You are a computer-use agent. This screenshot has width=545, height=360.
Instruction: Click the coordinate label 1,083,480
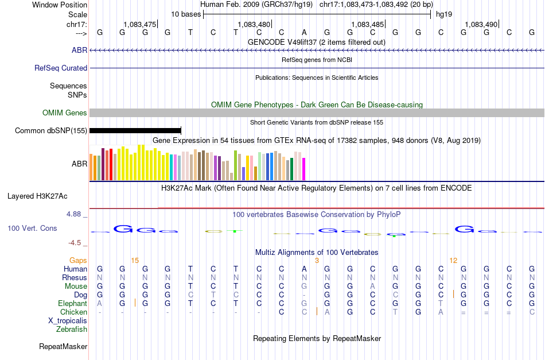[x=254, y=24]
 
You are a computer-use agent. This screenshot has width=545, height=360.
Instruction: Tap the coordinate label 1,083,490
[x=481, y=24]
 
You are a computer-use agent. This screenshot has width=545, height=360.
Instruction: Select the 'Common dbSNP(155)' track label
[x=51, y=131]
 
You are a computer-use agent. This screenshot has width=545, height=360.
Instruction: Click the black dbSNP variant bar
[x=135, y=131]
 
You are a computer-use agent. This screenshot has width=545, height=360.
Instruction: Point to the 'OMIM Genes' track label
[x=65, y=113]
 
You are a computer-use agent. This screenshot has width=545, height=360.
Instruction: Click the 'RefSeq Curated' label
[x=61, y=68]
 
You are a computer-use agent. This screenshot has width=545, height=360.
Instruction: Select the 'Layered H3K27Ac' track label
[x=37, y=196]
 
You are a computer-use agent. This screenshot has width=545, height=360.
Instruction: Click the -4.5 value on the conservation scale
[x=76, y=243]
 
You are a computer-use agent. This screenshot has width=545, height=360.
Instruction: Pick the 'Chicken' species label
[x=74, y=312]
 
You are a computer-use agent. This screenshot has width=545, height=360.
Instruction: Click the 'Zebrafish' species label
[x=72, y=330]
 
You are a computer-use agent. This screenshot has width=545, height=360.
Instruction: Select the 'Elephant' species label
[x=73, y=304]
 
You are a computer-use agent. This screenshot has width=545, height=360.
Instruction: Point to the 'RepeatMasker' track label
[x=63, y=347]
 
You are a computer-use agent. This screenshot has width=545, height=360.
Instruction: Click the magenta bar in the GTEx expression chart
[x=304, y=168]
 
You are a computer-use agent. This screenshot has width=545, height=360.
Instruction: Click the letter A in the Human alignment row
[x=305, y=269]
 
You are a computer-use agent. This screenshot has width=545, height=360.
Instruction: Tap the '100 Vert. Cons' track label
[x=32, y=229]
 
